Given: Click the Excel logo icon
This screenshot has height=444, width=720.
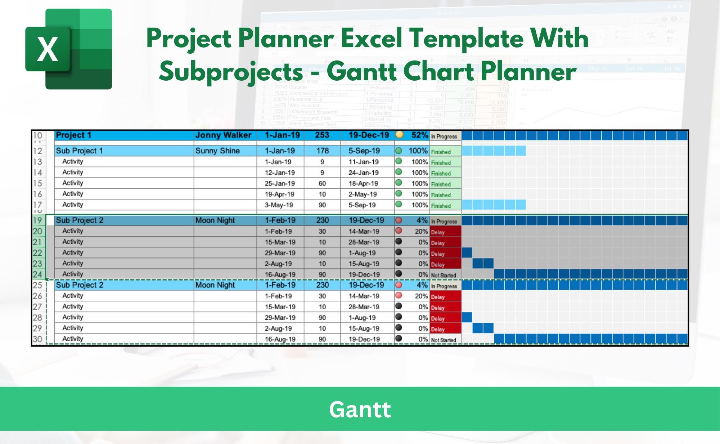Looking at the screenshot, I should [x=68, y=49].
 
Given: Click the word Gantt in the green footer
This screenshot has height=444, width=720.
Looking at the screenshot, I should [x=360, y=409].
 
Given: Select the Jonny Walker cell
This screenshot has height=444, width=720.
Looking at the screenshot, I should [x=223, y=135].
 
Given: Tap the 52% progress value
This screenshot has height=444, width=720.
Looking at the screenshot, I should [x=419, y=135].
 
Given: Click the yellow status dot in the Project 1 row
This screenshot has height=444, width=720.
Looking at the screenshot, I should [x=399, y=135].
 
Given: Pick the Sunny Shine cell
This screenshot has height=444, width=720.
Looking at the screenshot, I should [x=217, y=151].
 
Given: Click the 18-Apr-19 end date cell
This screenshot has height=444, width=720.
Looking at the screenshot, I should [x=363, y=183].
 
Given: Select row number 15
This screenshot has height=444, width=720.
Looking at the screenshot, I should [x=37, y=183].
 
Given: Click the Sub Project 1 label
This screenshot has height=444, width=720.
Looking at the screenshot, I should [x=79, y=151].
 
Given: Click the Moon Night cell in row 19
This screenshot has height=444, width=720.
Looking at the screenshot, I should [x=215, y=220].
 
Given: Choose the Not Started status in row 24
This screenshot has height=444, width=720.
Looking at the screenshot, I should [x=444, y=275].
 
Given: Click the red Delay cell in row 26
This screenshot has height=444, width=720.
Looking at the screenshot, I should [x=445, y=297].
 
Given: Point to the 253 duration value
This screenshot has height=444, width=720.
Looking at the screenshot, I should [x=322, y=135].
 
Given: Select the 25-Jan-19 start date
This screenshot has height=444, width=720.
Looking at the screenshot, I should [x=280, y=183].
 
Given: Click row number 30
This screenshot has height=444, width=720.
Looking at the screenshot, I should [x=37, y=339].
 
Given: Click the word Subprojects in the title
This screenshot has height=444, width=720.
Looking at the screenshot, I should [x=231, y=71].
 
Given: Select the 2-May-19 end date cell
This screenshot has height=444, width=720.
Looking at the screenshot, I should [x=363, y=194].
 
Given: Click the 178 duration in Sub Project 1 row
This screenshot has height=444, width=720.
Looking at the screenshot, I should [x=322, y=151].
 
